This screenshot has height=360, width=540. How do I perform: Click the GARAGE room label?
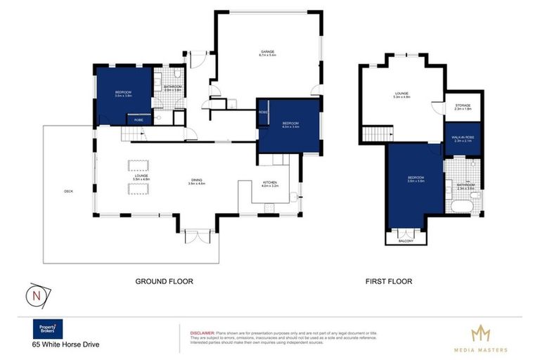268,53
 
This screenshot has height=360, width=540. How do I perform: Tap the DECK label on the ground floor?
68,191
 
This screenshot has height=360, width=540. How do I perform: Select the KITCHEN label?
271,184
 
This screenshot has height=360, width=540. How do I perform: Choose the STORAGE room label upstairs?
463,107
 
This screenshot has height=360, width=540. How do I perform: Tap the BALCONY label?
406,240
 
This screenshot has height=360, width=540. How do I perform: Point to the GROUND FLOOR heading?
164,281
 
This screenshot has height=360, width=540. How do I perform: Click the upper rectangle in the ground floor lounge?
138,166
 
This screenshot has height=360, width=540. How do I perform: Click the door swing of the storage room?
438,109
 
